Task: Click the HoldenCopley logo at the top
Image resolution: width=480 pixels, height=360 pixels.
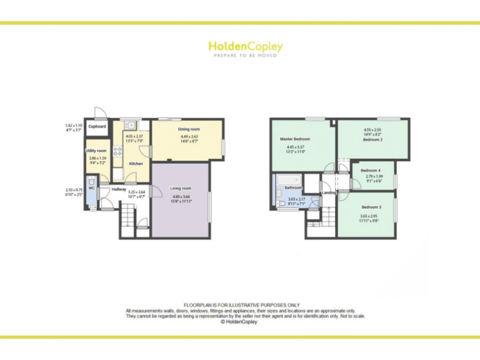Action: pyautogui.click(x=245, y=46)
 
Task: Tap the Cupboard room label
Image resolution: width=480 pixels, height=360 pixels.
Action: pyautogui.click(x=97, y=127)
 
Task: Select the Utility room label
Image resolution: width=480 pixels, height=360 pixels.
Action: pyautogui.click(x=96, y=151)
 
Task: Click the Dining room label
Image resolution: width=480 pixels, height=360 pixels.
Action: pyautogui.click(x=189, y=129)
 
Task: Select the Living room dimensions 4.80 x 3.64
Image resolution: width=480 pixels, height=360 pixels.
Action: pyautogui.click(x=180, y=197)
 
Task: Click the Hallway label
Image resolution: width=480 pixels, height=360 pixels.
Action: pyautogui.click(x=119, y=189)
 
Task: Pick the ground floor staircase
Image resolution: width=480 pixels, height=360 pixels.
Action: pyautogui.click(x=127, y=217)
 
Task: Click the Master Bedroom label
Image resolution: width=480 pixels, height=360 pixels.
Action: pyautogui.click(x=295, y=139)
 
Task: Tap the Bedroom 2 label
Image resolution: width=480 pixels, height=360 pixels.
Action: pyautogui.click(x=372, y=140)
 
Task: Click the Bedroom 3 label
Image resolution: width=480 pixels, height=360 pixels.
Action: pyautogui.click(x=371, y=207)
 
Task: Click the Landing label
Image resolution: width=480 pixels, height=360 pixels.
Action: pyautogui.click(x=329, y=192)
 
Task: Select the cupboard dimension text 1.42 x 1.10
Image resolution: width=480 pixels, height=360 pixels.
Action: pyautogui.click(x=74, y=126)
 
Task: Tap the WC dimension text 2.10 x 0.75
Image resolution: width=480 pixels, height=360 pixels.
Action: pyautogui.click(x=74, y=190)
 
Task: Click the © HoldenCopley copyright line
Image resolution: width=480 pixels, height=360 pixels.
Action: pyautogui.click(x=240, y=322)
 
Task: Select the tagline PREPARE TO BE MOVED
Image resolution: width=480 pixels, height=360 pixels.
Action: pyautogui.click(x=245, y=56)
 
